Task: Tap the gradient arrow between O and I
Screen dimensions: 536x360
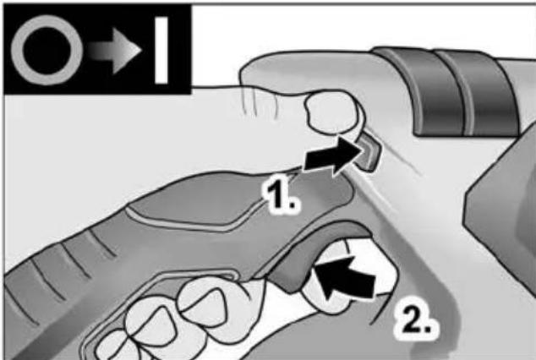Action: tap(114, 50)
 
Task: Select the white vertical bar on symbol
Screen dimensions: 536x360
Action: tap(161, 50)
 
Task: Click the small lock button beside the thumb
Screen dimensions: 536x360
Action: tap(369, 151)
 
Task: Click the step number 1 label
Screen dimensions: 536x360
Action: tap(280, 196)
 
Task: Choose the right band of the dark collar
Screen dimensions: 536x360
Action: tap(489, 94)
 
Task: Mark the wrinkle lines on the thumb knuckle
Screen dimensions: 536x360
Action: tap(260, 100)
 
